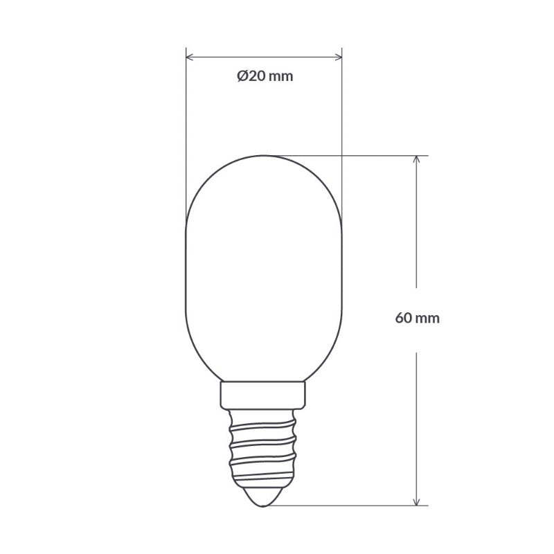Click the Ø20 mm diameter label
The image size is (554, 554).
[x=265, y=77]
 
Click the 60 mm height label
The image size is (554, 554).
[x=417, y=319]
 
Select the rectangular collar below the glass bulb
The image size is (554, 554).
[x=264, y=394]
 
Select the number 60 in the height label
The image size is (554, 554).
[x=403, y=319]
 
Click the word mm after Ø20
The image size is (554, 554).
[x=280, y=77]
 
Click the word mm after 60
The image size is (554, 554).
[x=429, y=319]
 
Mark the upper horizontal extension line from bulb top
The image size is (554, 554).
[x=346, y=155]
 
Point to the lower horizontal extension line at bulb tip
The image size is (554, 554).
[x=346, y=506]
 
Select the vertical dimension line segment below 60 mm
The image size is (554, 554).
[x=416, y=422]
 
